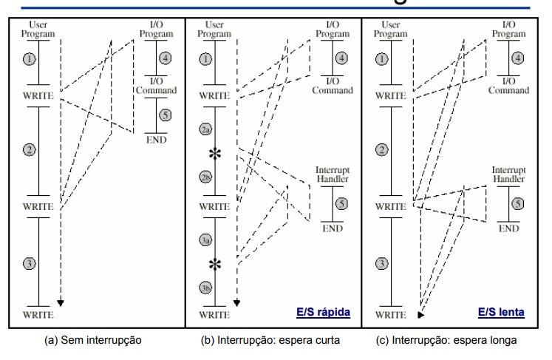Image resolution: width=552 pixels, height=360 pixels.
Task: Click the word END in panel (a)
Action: (x=155, y=139)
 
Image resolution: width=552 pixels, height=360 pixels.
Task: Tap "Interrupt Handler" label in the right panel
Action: (x=509, y=174)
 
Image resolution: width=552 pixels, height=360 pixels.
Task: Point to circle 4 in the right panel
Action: (x=518, y=57)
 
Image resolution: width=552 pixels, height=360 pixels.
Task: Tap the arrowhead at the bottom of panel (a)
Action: (x=61, y=302)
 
